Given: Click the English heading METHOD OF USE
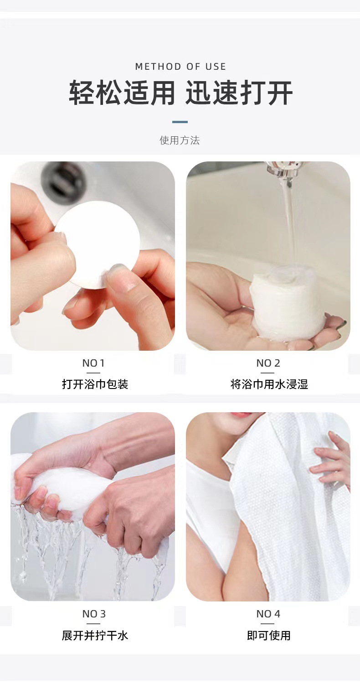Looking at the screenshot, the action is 180,67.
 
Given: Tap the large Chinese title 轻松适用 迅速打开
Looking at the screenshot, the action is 180,93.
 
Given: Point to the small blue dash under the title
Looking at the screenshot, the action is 180,122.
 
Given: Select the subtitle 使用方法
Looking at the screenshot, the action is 180,140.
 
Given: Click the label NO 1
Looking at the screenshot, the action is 93,363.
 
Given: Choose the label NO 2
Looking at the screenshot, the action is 268,363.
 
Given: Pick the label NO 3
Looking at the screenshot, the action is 94,614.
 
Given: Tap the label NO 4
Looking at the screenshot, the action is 268,614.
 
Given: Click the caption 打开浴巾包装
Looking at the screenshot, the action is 95,384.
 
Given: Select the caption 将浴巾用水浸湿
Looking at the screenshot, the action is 269,384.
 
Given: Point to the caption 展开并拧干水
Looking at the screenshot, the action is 95,636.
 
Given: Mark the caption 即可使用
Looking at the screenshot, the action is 269,636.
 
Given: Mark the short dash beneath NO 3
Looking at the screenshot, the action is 93,623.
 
